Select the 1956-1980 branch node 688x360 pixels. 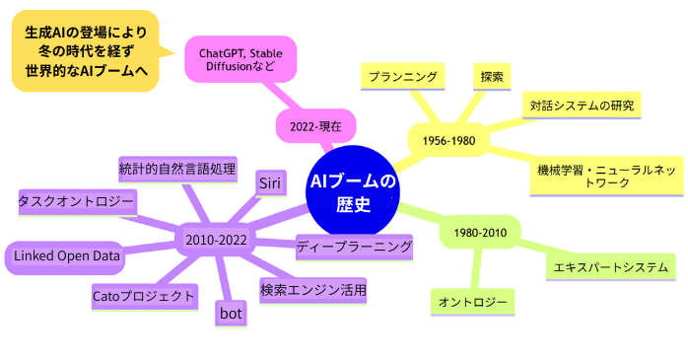(x=449, y=141)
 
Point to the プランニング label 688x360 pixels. (x=401, y=76)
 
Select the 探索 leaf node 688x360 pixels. (x=493, y=76)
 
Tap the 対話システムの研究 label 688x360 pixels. (x=582, y=105)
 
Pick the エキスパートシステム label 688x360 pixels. (x=611, y=266)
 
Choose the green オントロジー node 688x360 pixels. (x=472, y=301)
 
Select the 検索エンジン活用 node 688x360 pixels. (x=313, y=290)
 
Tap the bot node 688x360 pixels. (x=230, y=314)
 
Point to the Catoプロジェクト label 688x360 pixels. (x=143, y=295)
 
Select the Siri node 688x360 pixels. (x=271, y=182)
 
